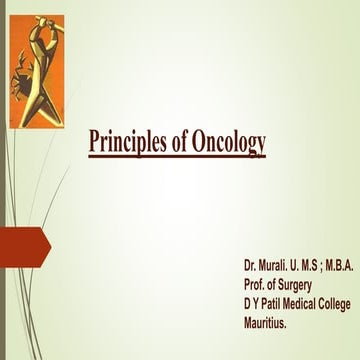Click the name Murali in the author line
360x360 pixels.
tap(275, 268)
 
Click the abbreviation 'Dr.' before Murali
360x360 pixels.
tap(249, 268)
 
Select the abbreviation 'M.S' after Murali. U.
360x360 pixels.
tap(312, 268)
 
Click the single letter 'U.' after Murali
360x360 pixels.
tap(296, 268)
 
